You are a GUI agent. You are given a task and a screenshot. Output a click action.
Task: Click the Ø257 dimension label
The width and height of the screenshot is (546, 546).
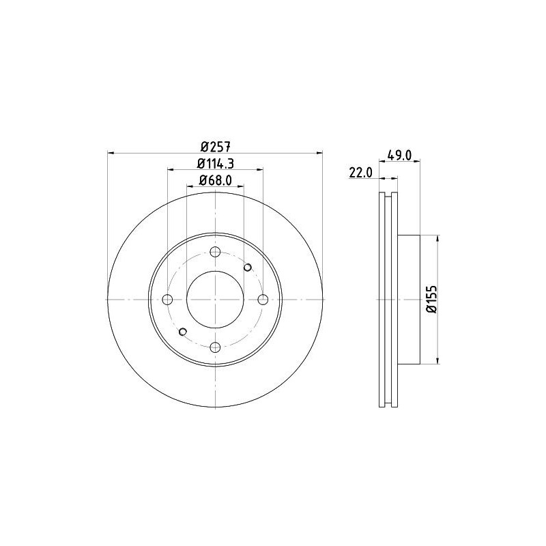point(216,147)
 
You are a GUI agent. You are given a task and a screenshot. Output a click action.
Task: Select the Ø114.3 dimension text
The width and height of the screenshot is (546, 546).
point(216,163)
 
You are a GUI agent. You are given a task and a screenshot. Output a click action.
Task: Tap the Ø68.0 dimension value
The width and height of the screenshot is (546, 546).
point(216,180)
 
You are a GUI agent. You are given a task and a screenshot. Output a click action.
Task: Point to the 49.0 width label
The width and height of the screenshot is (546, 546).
point(399,155)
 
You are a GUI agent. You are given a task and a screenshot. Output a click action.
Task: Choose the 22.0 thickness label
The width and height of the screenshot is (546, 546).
point(361,173)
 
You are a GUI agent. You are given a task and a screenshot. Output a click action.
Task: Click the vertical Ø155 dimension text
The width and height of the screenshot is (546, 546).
point(431,300)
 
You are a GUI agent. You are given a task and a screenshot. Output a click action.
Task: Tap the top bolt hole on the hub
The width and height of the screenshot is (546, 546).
point(216,251)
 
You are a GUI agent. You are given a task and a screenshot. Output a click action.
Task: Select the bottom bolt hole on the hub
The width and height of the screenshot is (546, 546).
point(216,347)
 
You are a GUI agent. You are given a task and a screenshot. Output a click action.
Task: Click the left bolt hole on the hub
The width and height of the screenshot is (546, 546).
point(168,299)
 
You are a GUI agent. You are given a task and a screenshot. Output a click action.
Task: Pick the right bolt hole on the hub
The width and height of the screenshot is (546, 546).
point(263,299)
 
